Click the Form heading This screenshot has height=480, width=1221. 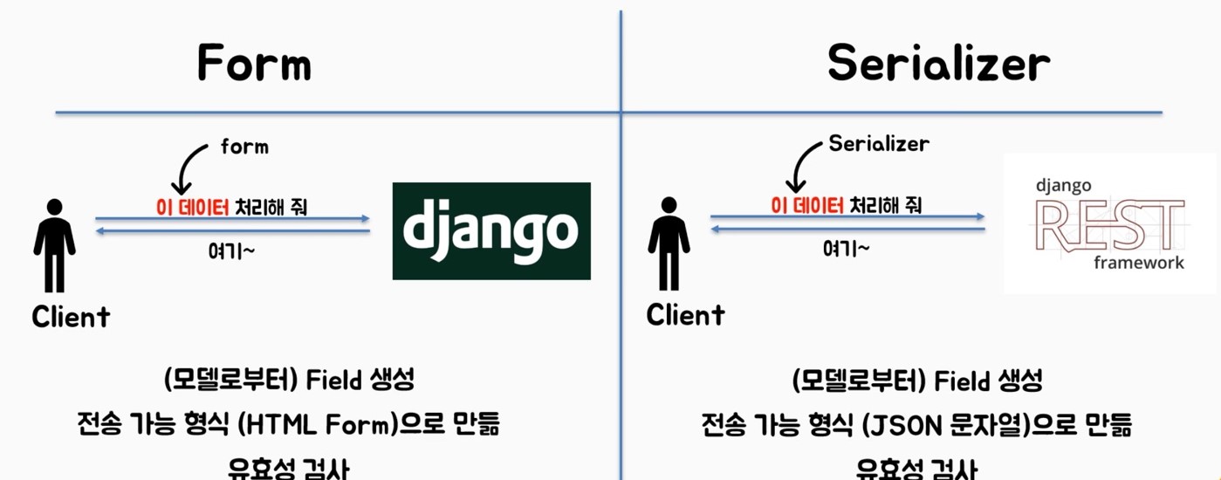pyautogui.click(x=254, y=63)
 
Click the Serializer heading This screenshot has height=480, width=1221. pyautogui.click(x=938, y=63)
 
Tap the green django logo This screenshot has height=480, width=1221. pyautogui.click(x=491, y=230)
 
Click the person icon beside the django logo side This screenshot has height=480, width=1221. pyautogui.click(x=54, y=245)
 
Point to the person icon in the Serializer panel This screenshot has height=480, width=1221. pyautogui.click(x=669, y=243)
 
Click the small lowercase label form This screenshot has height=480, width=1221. pyautogui.click(x=244, y=147)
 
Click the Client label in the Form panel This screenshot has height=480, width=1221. pyautogui.click(x=71, y=317)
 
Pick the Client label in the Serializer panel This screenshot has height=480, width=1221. pyautogui.click(x=685, y=314)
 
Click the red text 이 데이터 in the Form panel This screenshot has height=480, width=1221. pyautogui.click(x=191, y=208)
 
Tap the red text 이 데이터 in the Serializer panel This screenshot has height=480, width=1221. pyautogui.click(x=807, y=206)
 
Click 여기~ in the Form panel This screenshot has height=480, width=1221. pyautogui.click(x=231, y=250)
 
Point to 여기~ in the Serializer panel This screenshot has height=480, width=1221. pyautogui.click(x=846, y=249)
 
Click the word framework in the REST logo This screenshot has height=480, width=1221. pyautogui.click(x=1138, y=263)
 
